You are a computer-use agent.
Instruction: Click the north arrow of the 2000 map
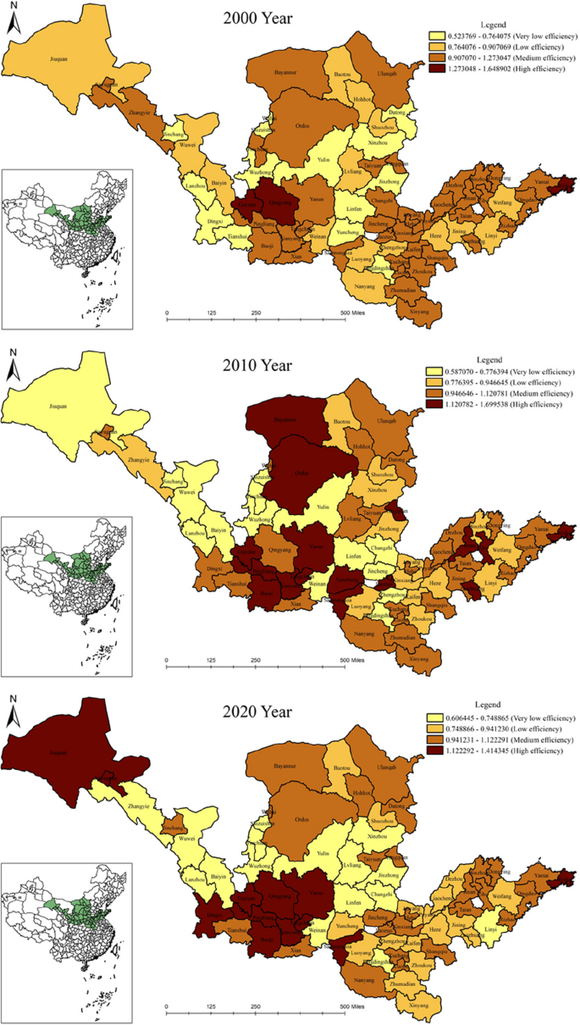coord(13,21)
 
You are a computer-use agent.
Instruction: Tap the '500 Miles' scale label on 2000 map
coord(355,313)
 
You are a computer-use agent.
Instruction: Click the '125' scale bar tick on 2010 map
coord(212,660)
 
